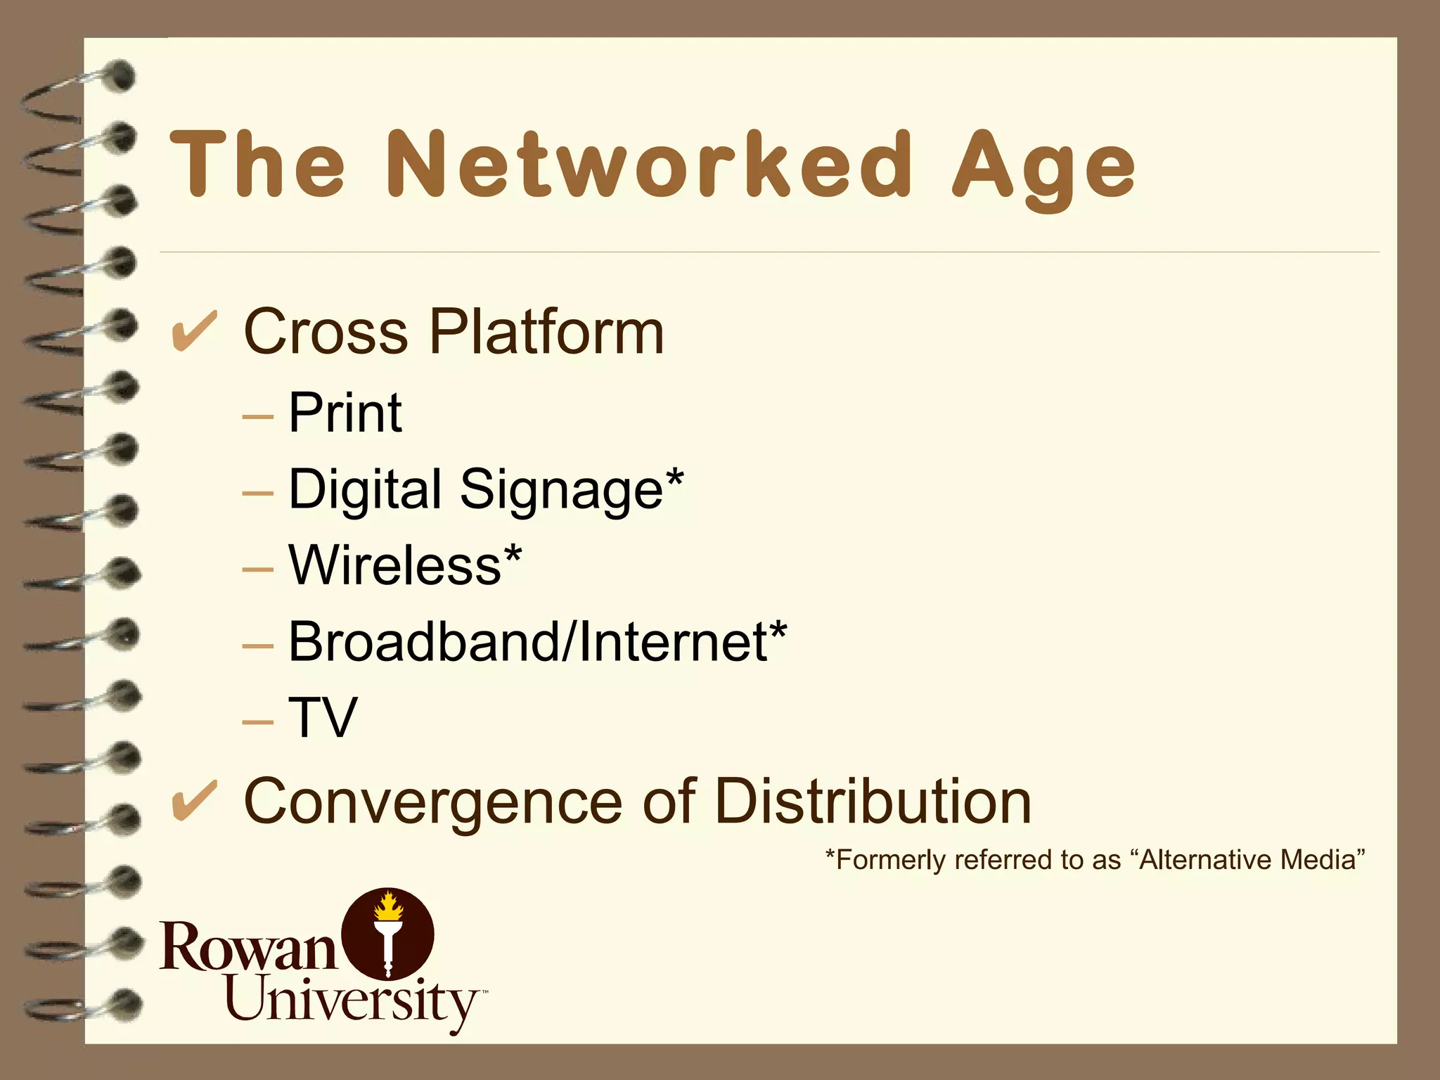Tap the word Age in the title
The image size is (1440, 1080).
1043,169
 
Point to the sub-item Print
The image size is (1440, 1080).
345,413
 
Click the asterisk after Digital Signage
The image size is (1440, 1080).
674,478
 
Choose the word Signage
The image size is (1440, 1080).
561,490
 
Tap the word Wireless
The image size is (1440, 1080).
394,565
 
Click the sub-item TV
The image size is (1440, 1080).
323,718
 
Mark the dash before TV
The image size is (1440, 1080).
257,721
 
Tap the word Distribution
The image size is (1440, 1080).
873,802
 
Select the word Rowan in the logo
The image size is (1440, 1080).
247,946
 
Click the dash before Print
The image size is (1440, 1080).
257,416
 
